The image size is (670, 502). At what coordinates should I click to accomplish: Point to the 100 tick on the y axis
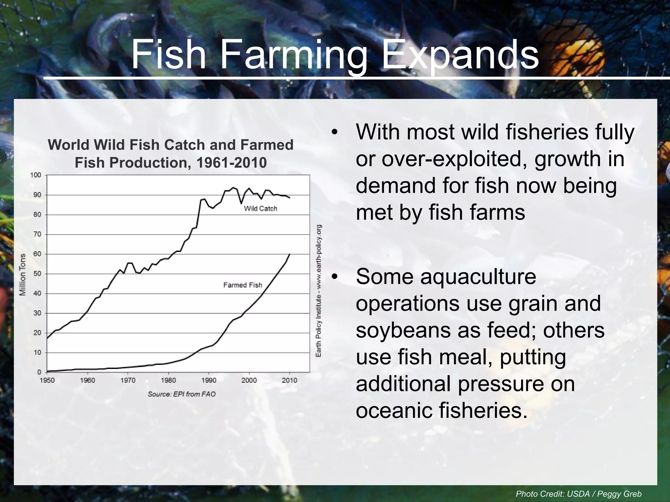tap(36, 175)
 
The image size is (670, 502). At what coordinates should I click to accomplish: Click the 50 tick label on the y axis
tap(38, 274)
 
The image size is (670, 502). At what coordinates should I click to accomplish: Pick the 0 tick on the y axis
tap(39, 372)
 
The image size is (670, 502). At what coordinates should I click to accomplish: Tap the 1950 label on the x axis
tap(47, 380)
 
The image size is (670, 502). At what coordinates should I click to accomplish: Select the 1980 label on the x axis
tap(168, 380)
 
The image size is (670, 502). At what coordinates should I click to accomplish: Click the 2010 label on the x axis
tap(290, 380)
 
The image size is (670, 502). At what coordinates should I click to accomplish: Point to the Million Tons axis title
tap(23, 275)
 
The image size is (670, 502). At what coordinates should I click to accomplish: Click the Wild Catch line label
tap(260, 209)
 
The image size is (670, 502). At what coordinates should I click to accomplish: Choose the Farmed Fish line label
tap(243, 285)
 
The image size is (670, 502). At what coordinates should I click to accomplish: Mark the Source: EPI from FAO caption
tap(182, 394)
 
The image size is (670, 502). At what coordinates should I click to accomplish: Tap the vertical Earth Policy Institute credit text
tap(318, 291)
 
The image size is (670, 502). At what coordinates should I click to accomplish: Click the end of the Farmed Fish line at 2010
tap(290, 254)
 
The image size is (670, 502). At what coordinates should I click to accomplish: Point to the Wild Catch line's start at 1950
tap(47, 338)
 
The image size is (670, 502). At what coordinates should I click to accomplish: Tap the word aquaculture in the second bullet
tap(478, 276)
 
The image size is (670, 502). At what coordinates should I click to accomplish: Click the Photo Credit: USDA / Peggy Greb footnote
tap(578, 494)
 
